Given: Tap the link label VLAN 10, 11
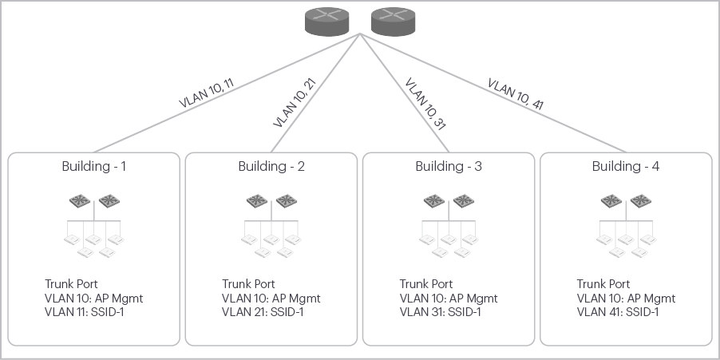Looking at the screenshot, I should (207, 93).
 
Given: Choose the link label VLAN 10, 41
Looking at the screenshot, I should (516, 93).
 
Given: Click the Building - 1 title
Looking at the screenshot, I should (94, 167).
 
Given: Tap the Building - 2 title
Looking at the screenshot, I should (271, 167).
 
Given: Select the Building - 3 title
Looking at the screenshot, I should (449, 167).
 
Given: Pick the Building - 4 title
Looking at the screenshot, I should (626, 167).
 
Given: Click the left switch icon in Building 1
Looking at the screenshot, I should (79, 201).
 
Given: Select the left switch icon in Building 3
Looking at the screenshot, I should (433, 201).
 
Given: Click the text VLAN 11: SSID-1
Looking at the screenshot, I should (84, 312).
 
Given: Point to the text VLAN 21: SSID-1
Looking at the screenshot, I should (262, 312).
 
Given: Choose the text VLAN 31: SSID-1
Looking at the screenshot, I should (440, 312).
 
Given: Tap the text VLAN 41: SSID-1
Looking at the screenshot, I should (617, 312).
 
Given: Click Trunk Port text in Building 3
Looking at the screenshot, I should (426, 284).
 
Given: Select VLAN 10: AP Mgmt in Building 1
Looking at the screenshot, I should (93, 299).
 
